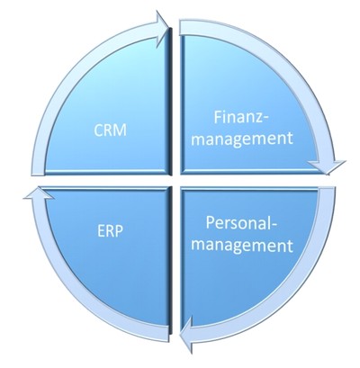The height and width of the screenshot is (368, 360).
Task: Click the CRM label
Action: click(110, 130)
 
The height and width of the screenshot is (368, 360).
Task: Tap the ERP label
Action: click(110, 231)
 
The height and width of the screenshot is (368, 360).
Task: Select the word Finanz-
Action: click(242, 117)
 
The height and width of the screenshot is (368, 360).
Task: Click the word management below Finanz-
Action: click(242, 139)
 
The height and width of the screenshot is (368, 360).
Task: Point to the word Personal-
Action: click(241, 223)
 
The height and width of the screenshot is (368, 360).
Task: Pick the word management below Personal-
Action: click(242, 245)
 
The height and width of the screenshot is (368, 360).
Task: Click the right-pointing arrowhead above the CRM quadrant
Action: click(162, 29)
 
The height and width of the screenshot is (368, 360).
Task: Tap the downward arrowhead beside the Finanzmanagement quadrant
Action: click(327, 167)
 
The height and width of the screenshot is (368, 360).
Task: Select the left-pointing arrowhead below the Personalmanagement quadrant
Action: click(186, 336)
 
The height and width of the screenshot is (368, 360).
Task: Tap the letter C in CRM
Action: click(98, 130)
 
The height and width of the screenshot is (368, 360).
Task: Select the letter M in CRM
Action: click(121, 130)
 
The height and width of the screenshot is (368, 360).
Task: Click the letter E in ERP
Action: click(101, 231)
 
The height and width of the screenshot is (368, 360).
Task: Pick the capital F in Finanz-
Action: click(218, 117)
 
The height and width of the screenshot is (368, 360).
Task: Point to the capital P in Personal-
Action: click(211, 223)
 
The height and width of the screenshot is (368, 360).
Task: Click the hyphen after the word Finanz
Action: click(266, 119)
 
